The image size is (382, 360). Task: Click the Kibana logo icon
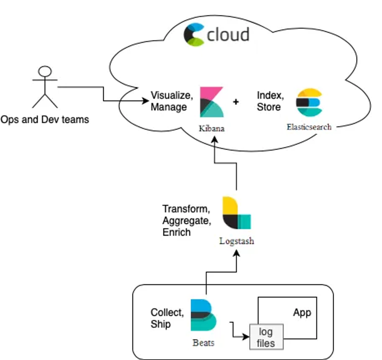click(x=212, y=102)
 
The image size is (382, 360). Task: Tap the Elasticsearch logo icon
click(x=309, y=102)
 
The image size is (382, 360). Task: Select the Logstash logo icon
click(x=236, y=213)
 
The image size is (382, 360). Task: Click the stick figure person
click(x=45, y=87)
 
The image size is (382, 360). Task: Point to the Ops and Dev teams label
click(x=45, y=120)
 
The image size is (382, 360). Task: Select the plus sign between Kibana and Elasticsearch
click(x=236, y=102)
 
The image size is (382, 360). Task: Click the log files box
click(x=266, y=337)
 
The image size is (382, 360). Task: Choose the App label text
click(x=302, y=313)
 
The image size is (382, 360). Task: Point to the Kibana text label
click(x=211, y=128)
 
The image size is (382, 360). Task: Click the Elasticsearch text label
click(x=309, y=127)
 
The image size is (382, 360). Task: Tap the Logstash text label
click(x=236, y=241)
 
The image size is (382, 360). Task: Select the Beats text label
click(x=203, y=343)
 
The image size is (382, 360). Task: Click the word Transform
click(x=186, y=209)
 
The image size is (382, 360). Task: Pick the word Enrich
click(x=177, y=232)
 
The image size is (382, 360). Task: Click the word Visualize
click(x=171, y=95)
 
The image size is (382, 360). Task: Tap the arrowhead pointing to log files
click(x=246, y=338)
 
